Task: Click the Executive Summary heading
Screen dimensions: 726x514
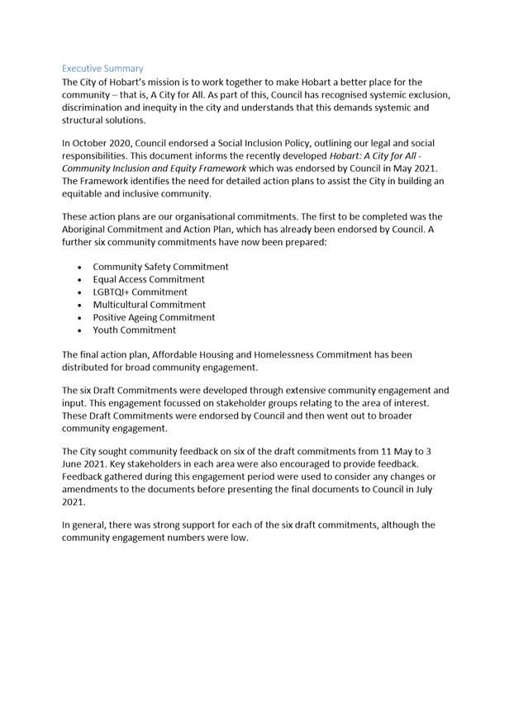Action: (x=102, y=69)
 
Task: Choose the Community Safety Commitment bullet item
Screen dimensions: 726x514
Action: (x=160, y=267)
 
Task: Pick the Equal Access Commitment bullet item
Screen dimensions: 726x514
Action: (x=149, y=279)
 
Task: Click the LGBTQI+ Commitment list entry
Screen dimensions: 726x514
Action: (x=140, y=292)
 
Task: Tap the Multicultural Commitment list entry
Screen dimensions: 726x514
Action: (x=149, y=304)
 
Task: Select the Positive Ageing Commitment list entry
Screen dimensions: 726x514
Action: (x=154, y=317)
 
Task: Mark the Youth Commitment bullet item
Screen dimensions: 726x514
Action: (x=134, y=330)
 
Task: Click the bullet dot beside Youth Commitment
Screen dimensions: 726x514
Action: (x=79, y=330)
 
